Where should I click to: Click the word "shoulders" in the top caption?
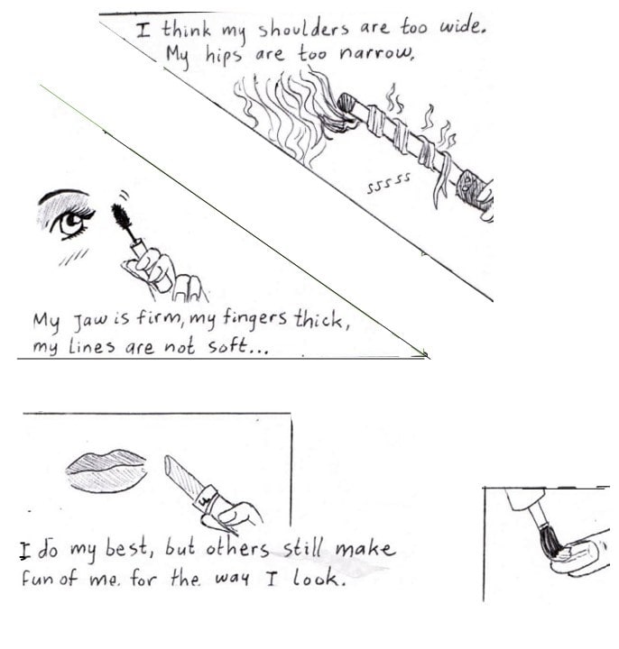[303, 29]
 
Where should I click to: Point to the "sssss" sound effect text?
[388, 182]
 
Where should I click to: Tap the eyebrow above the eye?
[63, 195]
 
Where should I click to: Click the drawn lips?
[106, 471]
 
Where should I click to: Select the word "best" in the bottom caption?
[126, 548]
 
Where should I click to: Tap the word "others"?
[237, 548]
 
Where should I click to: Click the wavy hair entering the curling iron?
[290, 115]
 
